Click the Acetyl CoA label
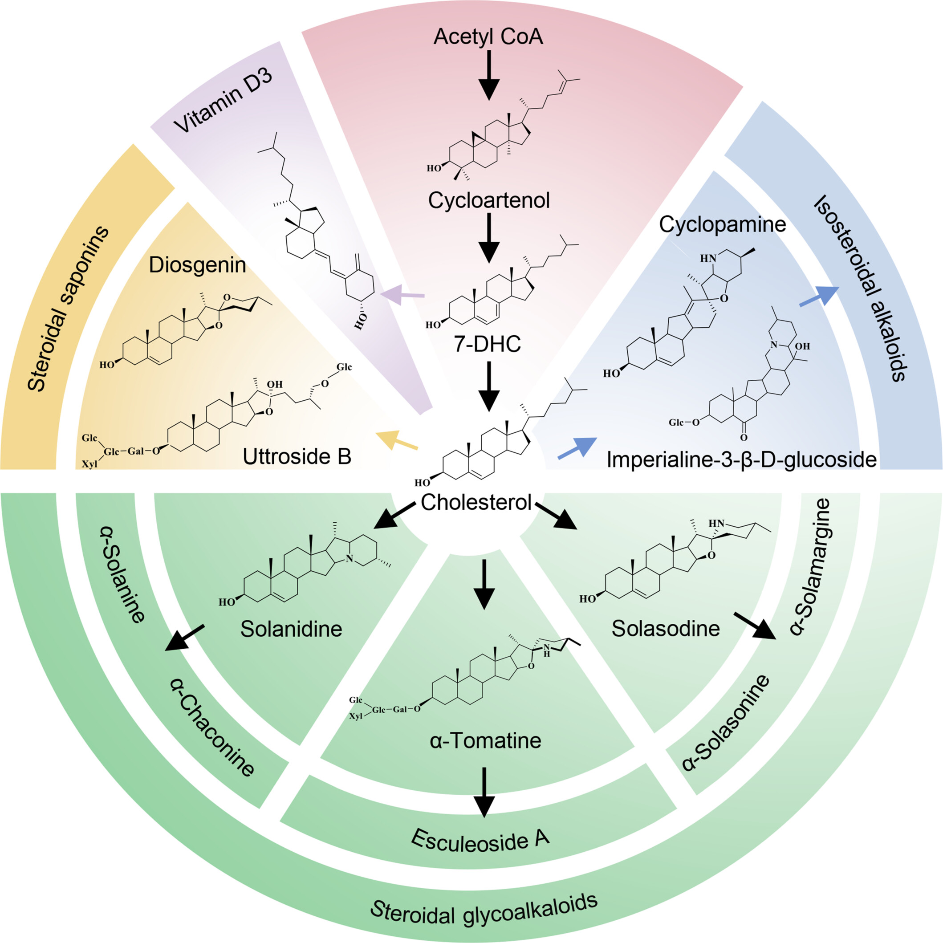coord(488,37)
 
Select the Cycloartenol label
coord(488,200)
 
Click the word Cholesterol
coord(476,502)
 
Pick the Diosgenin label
coord(197,265)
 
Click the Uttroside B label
coord(297,456)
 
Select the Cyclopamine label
coord(722,224)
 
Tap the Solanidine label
coord(291,629)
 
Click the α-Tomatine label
coord(486,740)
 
